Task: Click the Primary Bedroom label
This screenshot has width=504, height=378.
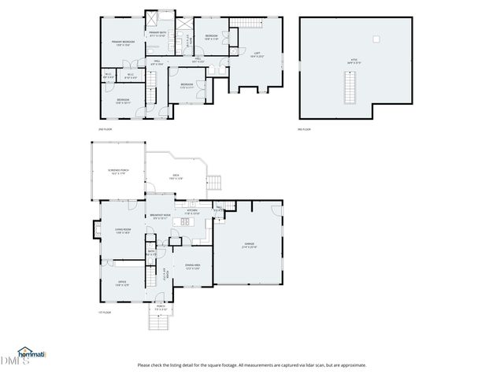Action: (123, 43)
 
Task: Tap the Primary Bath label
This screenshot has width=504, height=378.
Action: (157, 35)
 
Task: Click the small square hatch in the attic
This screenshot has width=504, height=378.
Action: (376, 38)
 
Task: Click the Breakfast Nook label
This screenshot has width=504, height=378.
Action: (160, 217)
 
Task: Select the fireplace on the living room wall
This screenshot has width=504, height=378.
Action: (96, 232)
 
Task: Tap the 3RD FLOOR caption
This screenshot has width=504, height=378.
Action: (305, 129)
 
